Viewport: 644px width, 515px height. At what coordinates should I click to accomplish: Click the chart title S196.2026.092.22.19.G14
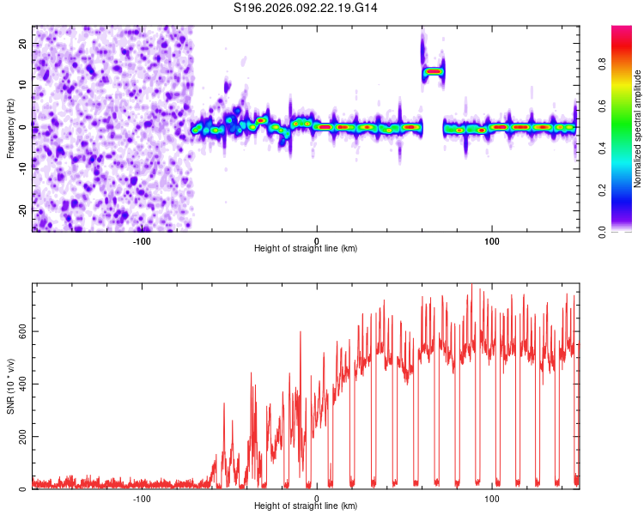pyautogui.click(x=306, y=9)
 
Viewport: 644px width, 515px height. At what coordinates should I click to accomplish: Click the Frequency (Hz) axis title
pyautogui.click(x=10, y=128)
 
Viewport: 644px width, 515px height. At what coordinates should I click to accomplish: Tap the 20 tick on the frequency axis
pyautogui.click(x=23, y=44)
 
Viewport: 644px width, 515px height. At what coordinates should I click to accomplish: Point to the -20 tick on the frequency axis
pyautogui.click(x=21, y=210)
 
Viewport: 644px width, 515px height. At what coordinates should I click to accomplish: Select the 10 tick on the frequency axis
pyautogui.click(x=23, y=86)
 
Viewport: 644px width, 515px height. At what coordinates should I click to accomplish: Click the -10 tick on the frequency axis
pyautogui.click(x=21, y=169)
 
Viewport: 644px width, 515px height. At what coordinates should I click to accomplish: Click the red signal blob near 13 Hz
pyautogui.click(x=433, y=72)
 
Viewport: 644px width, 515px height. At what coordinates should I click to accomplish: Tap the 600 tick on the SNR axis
pyautogui.click(x=19, y=330)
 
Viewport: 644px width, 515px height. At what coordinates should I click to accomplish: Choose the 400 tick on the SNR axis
pyautogui.click(x=19, y=384)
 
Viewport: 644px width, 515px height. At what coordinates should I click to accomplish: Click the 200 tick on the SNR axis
pyautogui.click(x=19, y=437)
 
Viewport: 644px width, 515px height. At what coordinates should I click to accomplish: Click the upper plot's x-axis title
pyautogui.click(x=306, y=248)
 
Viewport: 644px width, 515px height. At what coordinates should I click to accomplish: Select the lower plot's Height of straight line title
pyautogui.click(x=306, y=506)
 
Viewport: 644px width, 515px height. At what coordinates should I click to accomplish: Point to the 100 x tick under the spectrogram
pyautogui.click(x=492, y=240)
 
